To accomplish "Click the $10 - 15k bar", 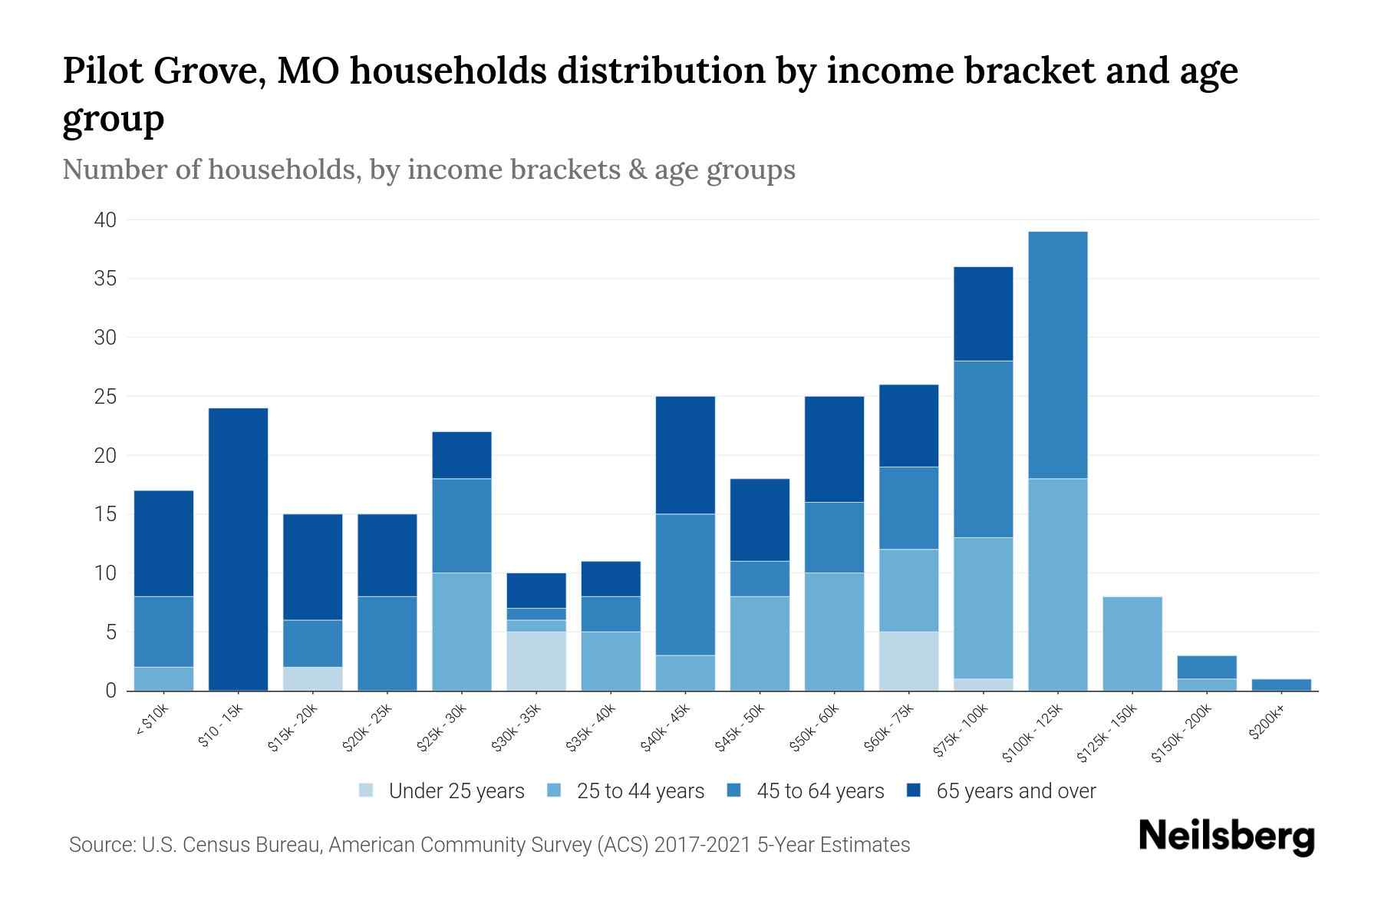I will click(239, 549).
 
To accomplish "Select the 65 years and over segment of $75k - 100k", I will click(983, 313).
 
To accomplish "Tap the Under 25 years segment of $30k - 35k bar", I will click(536, 661).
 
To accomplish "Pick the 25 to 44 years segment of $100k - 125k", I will click(1057, 584).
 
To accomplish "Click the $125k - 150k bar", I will click(1132, 643).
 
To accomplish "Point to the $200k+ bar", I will click(1280, 685).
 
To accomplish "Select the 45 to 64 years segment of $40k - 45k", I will click(685, 584).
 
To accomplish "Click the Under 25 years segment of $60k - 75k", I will click(908, 661).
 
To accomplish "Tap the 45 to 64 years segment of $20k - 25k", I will click(387, 643).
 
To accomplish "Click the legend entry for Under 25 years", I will click(456, 791).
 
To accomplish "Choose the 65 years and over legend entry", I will click(1016, 791).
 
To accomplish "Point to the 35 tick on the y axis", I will click(105, 279).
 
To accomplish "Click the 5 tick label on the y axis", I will click(110, 632).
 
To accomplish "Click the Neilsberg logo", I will click(1226, 837).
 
